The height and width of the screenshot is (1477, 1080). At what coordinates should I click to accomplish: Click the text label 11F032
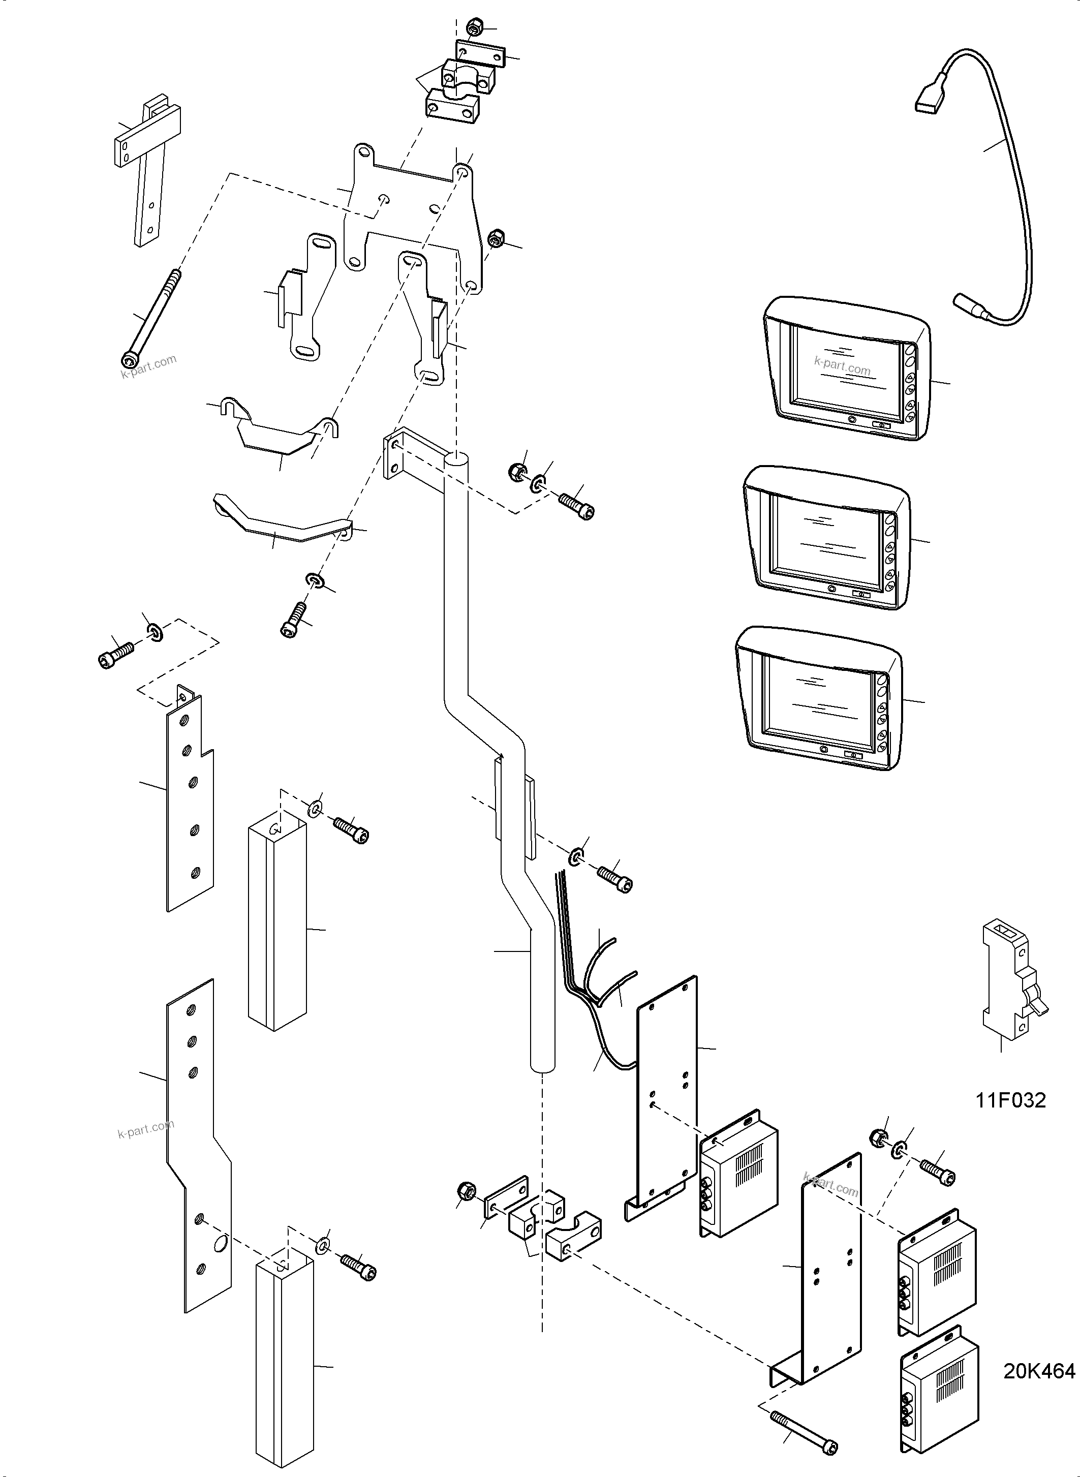(1011, 1100)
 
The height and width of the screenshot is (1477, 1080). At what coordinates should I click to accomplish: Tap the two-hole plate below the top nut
(480, 54)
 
